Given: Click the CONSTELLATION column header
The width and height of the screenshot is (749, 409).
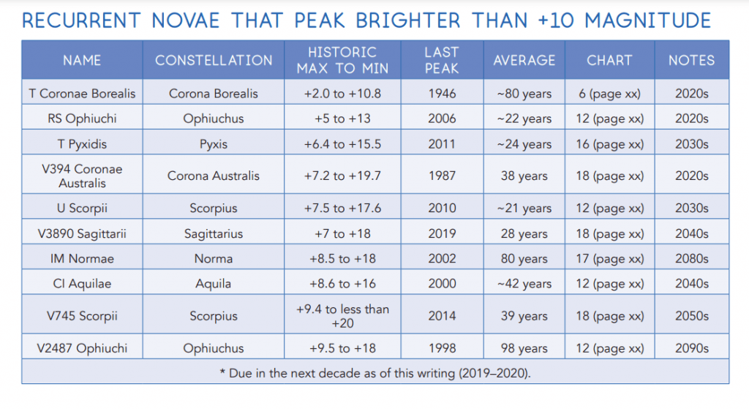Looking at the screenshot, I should (x=214, y=60).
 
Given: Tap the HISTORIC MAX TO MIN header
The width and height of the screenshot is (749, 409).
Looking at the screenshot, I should (x=342, y=60).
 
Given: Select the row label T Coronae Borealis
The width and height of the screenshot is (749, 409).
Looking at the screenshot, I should (x=82, y=94).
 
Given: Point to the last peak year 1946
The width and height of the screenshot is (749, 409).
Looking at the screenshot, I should (x=441, y=94).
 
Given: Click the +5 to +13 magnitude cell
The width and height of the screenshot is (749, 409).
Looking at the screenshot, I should (x=342, y=119).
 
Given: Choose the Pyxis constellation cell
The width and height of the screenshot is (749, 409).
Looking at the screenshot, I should (x=214, y=144).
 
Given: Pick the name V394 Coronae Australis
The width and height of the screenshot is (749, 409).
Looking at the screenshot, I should (x=82, y=176).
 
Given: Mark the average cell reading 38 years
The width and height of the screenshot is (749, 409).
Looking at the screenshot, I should (x=524, y=176).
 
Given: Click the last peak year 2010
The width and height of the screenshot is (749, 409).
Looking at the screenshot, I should (x=441, y=209).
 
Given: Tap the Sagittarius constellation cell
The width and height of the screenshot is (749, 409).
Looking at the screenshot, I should (x=214, y=234).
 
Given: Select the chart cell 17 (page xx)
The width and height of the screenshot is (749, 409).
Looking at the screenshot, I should (x=609, y=258).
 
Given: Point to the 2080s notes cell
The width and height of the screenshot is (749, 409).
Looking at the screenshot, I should (x=691, y=258).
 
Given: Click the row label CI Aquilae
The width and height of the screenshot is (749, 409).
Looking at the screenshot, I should (x=82, y=284).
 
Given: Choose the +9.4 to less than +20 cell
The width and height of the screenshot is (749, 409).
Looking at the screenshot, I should (x=342, y=316).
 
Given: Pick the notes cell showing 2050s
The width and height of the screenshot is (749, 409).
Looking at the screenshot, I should (x=691, y=316).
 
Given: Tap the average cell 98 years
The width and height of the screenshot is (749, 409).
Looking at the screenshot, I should (x=524, y=348).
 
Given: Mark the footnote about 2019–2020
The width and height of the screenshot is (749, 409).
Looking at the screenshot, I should (x=375, y=372).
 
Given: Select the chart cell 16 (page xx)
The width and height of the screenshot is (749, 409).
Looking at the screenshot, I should (x=609, y=144).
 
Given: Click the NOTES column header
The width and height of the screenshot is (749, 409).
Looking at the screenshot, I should (x=691, y=60).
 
